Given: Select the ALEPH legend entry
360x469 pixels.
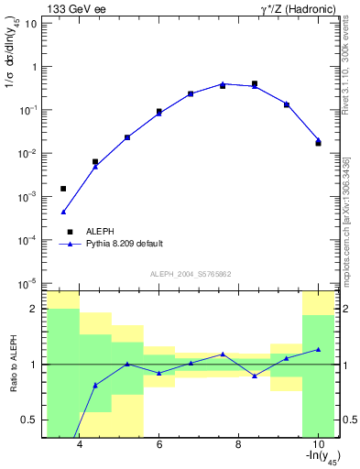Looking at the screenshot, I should click(101, 232).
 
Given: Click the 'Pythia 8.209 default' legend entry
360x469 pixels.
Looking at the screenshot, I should click(124, 244).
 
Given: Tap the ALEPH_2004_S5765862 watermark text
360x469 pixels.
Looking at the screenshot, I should click(191, 275).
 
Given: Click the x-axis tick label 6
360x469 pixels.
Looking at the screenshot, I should click(159, 445).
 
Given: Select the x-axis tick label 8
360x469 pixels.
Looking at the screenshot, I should click(238, 445).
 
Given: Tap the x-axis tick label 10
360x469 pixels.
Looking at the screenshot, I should click(317, 445).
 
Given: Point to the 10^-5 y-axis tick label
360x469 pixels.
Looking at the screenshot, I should click(27, 283).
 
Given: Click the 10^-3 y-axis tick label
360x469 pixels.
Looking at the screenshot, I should click(27, 196).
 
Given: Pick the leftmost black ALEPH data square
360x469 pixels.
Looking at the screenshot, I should click(63, 189).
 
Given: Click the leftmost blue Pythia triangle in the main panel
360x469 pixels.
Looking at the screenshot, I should click(63, 212).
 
